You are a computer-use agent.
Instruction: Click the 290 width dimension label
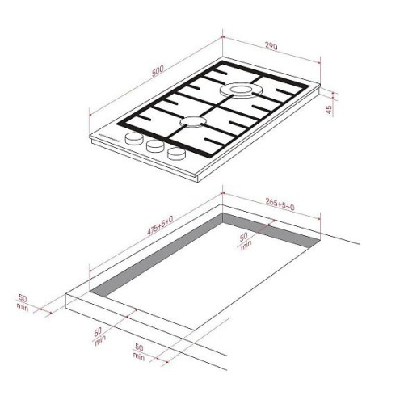(x=271, y=46)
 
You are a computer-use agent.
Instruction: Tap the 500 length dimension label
(x=158, y=70)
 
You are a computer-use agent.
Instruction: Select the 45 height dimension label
(x=329, y=109)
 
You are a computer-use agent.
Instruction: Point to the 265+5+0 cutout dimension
(x=280, y=204)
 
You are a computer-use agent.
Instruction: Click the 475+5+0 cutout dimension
(x=160, y=225)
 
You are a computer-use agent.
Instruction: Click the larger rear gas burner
(x=241, y=90)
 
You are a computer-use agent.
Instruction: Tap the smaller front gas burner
(x=191, y=122)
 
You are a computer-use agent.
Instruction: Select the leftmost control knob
(x=134, y=139)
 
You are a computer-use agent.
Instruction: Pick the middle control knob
(x=155, y=145)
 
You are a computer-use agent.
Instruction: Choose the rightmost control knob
(x=176, y=154)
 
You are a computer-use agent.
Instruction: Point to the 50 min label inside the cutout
(x=245, y=241)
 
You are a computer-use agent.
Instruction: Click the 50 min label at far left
(x=23, y=303)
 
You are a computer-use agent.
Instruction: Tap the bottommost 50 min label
(x=139, y=351)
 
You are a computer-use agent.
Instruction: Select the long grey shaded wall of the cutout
(x=156, y=255)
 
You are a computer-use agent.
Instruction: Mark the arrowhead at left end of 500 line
(x=90, y=115)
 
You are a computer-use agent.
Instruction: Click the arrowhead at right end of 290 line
(x=319, y=63)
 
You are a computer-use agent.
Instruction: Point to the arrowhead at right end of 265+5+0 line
(x=319, y=219)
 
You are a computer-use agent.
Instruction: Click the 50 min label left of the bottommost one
(x=99, y=336)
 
